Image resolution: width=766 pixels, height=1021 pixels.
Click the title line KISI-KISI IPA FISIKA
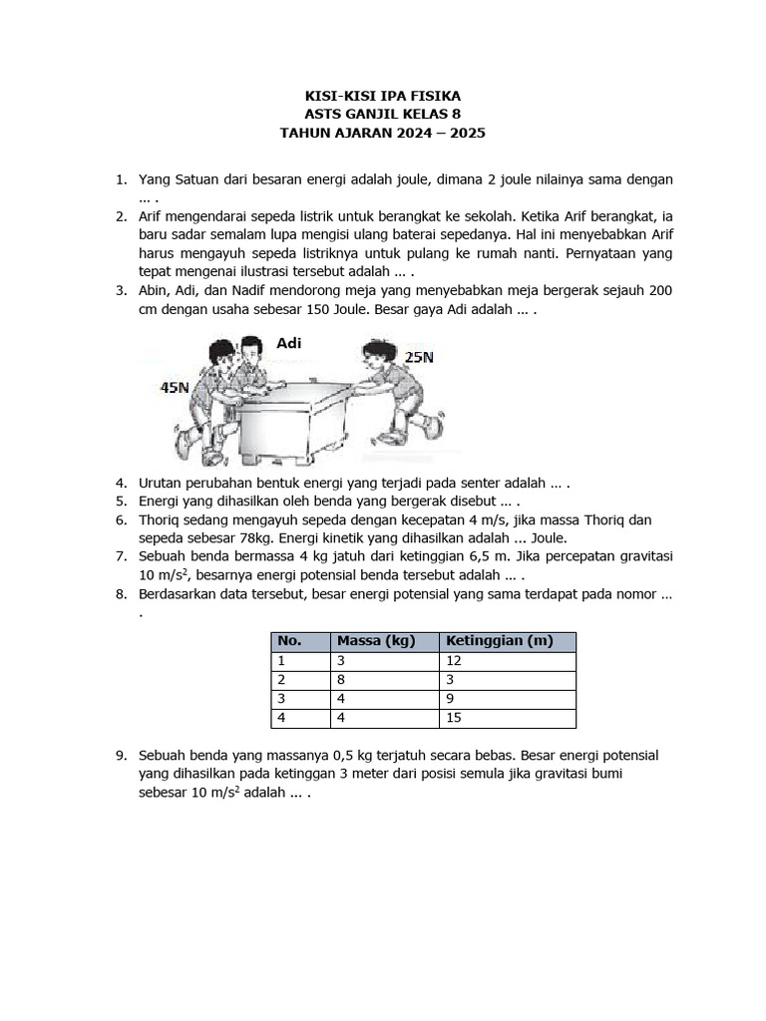point(383,96)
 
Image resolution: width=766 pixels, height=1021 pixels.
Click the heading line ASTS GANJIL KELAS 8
point(383,114)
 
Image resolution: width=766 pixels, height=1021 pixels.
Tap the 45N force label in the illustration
point(175,387)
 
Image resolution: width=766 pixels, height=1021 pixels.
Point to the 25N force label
point(418,356)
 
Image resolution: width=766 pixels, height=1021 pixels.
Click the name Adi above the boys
point(288,343)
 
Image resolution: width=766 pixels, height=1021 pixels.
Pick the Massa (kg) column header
point(375,641)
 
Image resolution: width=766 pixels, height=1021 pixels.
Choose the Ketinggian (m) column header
point(499,641)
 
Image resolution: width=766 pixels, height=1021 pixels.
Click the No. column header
point(289,641)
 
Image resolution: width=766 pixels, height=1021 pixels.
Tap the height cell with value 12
point(455,661)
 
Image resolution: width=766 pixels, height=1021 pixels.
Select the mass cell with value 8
point(342,680)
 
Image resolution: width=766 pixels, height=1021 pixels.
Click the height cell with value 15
point(455,718)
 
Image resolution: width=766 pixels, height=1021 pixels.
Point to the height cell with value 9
point(451,699)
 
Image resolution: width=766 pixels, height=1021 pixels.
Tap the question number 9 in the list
point(121,756)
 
